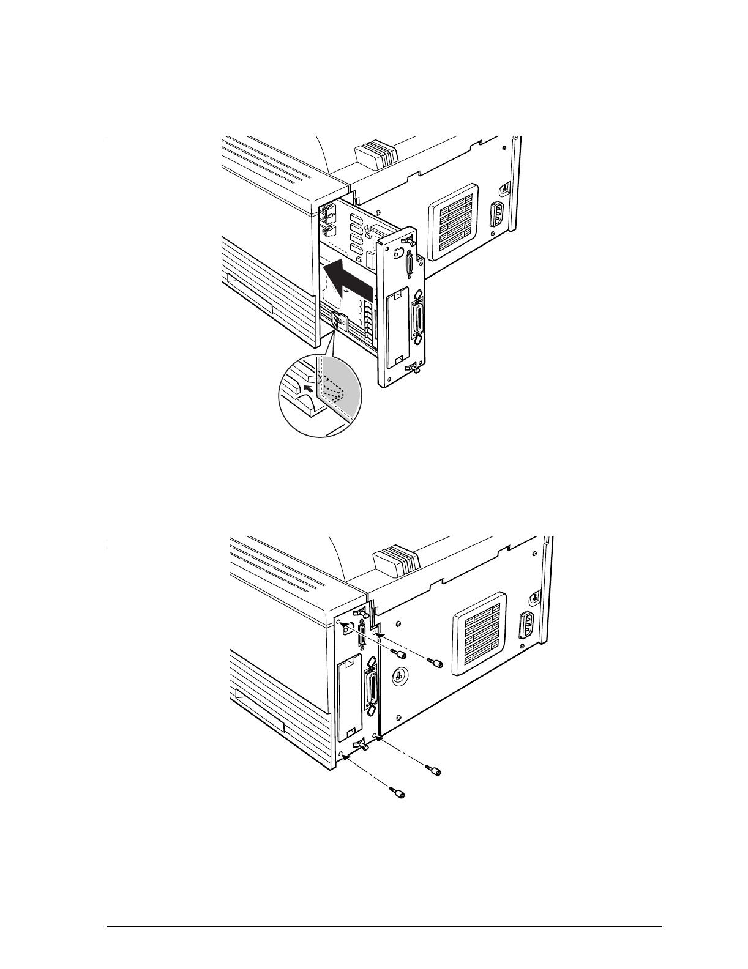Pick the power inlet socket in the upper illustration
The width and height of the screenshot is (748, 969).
pyautogui.click(x=497, y=215)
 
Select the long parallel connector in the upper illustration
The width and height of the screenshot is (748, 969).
pyautogui.click(x=419, y=319)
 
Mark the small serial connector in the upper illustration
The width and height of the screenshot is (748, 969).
pyautogui.click(x=408, y=267)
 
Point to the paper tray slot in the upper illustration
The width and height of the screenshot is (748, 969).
pyautogui.click(x=251, y=292)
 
